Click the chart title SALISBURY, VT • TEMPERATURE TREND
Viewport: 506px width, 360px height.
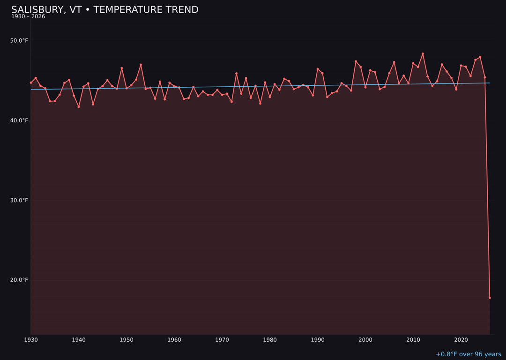105,10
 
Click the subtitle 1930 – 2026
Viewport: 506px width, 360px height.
28,17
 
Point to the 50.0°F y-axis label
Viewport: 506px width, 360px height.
19,41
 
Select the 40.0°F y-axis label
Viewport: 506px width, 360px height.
19,120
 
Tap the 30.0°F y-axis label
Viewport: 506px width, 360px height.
19,201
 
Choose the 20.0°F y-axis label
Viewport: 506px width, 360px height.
19,280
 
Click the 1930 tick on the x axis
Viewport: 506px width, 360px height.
31,340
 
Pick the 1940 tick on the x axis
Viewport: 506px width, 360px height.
79,340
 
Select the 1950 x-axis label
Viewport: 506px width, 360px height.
126,340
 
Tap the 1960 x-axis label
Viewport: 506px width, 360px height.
174,340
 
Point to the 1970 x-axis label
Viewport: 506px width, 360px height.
222,340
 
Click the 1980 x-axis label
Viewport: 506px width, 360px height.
270,340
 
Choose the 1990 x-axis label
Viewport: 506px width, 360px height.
318,340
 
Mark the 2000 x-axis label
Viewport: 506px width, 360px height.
365,340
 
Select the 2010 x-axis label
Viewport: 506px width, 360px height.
413,340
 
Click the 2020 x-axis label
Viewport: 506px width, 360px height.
461,340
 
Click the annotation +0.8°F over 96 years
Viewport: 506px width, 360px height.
469,354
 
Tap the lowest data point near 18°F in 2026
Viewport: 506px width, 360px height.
490,298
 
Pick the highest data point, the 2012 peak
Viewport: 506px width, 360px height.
423,54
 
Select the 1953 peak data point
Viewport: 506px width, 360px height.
141,65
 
